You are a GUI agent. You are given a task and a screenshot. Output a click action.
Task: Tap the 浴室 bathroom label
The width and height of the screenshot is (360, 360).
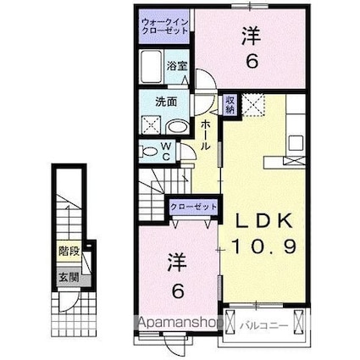tap(175, 65)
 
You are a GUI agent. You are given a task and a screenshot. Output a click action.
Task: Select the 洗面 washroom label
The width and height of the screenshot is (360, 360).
tap(164, 102)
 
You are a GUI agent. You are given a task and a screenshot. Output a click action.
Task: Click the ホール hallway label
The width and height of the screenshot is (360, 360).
tap(205, 134)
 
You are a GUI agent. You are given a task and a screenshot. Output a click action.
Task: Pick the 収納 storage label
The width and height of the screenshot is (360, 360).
tap(230, 105)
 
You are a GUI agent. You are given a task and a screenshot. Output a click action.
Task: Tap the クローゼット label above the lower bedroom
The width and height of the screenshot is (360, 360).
tap(194, 206)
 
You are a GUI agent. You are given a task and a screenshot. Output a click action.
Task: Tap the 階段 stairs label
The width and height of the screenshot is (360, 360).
tap(69, 251)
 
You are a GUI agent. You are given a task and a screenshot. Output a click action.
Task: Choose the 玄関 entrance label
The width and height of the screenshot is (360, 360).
tap(69, 274)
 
